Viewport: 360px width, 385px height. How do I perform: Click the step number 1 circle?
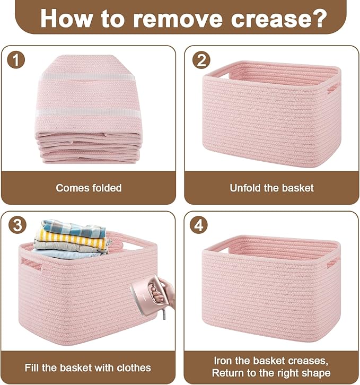point(16,60)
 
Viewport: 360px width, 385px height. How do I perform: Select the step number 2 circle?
point(200,60)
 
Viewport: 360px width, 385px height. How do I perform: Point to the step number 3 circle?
point(16,225)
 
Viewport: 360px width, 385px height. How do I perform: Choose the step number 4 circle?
point(200,225)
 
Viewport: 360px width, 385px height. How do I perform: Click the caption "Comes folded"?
point(89,188)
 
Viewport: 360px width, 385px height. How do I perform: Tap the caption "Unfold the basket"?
point(271,188)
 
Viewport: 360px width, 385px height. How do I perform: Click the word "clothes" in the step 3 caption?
point(133,367)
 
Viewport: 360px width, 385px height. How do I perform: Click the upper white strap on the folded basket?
point(89,76)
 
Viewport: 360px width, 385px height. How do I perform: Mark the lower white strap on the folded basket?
point(89,112)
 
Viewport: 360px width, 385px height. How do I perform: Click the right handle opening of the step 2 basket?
point(332,88)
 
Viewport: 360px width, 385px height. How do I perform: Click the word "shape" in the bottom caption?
point(317,373)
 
